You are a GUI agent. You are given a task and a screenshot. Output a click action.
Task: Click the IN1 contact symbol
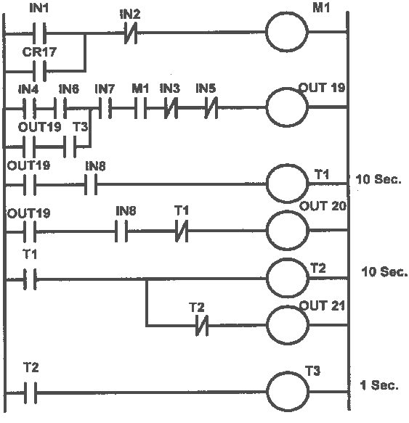click(36, 33)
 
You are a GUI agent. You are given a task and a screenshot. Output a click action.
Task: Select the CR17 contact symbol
click(36, 70)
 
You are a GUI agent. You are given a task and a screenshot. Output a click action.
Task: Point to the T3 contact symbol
click(80, 145)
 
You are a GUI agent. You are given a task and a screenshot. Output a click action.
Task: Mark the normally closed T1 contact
click(182, 234)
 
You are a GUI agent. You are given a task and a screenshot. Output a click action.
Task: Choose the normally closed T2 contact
click(198, 326)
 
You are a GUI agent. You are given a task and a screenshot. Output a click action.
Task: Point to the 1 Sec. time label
click(379, 385)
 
